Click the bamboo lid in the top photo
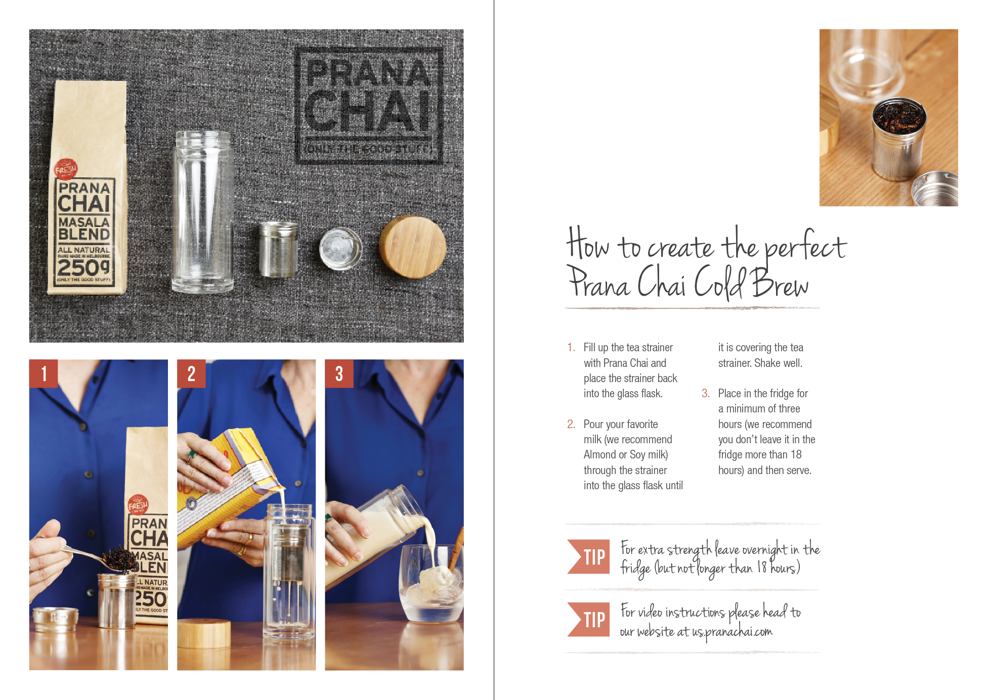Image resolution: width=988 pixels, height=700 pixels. point(412,247)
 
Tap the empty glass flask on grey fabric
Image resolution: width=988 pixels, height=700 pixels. point(203,212)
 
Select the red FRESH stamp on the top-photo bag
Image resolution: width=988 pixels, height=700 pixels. point(66,169)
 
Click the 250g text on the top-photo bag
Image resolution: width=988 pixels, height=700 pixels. point(83,267)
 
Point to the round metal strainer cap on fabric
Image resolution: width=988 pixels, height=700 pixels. point(340,248)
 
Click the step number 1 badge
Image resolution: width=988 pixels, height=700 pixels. point(44,374)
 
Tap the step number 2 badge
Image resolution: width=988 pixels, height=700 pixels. point(191,374)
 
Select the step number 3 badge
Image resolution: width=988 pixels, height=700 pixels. point(339,374)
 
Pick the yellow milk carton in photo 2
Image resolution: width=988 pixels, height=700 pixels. point(228,485)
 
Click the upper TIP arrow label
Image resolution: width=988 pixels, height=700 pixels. point(589,557)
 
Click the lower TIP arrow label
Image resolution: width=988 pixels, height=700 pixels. point(589,620)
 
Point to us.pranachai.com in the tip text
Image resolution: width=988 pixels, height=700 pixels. point(732,632)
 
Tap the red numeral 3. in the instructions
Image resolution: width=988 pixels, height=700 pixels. point(705,393)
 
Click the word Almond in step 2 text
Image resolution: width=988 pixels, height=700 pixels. point(599,454)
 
